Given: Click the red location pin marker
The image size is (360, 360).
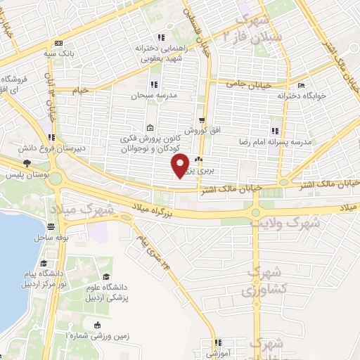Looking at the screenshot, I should point(181,165).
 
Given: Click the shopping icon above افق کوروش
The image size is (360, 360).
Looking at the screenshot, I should point(202,121).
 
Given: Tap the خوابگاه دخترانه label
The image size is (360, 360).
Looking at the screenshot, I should point(302,95).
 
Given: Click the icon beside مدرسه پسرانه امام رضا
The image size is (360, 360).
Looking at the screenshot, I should point(275,130).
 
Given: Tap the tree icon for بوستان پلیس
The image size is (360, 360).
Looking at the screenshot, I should point(26,163).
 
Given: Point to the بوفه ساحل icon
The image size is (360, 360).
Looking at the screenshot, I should point(51,226).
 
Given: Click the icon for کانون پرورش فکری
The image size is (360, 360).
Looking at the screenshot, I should point(150,129).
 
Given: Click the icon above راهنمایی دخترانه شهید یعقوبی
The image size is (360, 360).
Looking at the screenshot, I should point(160,37).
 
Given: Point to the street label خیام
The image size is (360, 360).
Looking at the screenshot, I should point(82,91).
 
